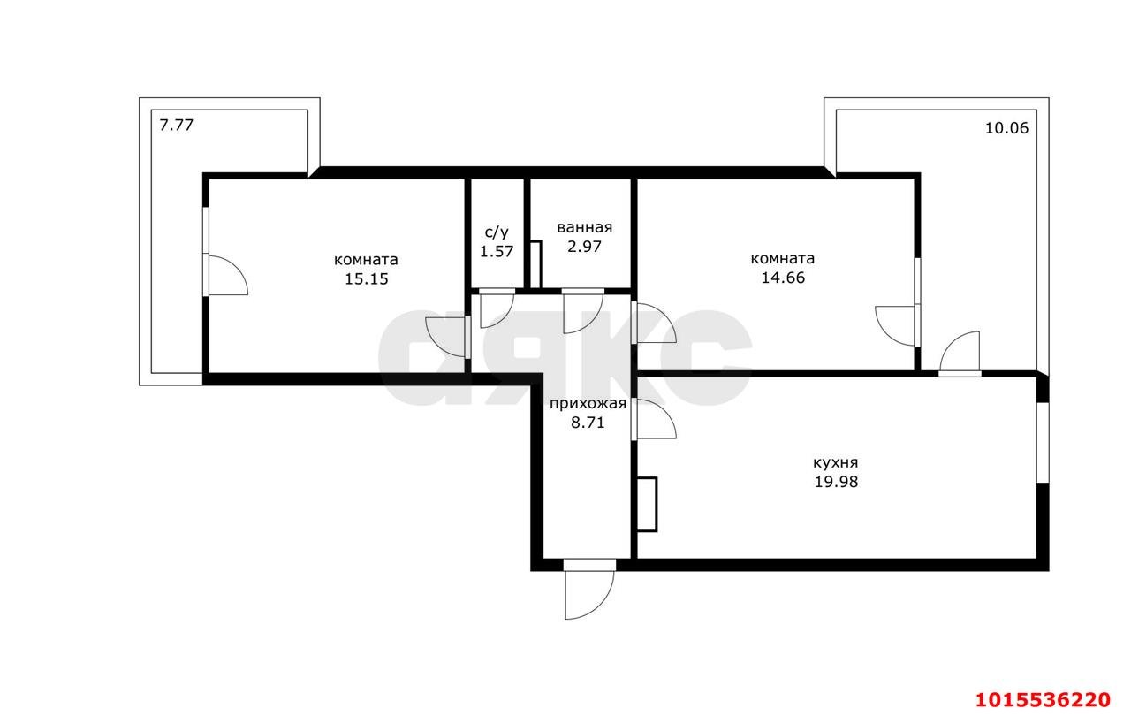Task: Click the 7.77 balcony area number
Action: click(176, 125)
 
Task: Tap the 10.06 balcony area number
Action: click(1006, 128)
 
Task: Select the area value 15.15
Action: click(367, 278)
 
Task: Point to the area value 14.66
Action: click(783, 278)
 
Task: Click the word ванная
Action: click(585, 227)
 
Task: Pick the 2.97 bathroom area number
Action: click(585, 247)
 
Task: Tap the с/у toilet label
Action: click(497, 232)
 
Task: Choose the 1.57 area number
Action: click(497, 251)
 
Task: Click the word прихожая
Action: click(588, 403)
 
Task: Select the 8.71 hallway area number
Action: click(588, 423)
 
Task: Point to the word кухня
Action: click(836, 462)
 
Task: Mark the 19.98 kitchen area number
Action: click(836, 482)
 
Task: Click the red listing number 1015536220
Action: click(1044, 699)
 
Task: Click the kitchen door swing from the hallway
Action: click(655, 418)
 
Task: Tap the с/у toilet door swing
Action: click(497, 311)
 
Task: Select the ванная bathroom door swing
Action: click(583, 314)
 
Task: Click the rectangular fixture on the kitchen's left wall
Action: click(647, 504)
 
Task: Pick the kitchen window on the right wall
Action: click(1043, 442)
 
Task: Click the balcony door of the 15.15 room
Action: click(226, 275)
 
